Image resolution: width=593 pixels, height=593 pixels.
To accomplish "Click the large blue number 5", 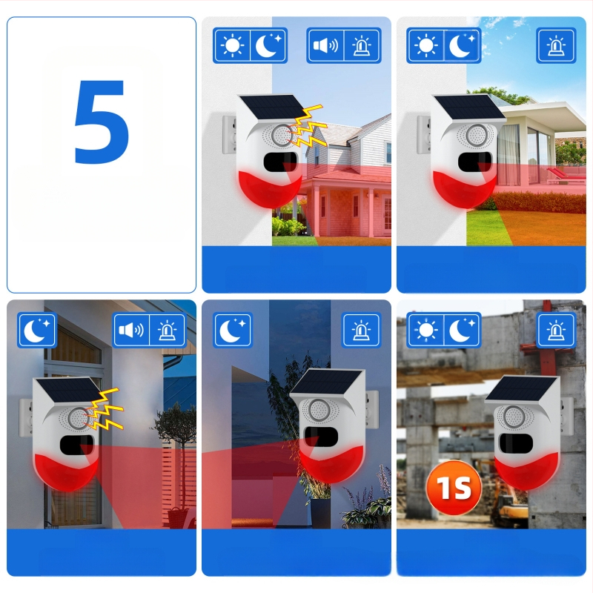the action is coord(102,122).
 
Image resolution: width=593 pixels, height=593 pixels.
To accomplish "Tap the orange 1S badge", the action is coord(454,488).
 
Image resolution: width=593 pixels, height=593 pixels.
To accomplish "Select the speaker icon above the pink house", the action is coord(325,46).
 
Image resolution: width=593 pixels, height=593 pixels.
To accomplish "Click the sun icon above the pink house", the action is coord(232,46).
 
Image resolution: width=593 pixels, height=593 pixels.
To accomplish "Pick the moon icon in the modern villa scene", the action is coord(462,45).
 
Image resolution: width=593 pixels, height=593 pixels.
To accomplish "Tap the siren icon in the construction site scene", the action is coord(555,330).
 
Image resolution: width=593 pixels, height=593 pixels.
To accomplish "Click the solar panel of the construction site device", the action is coord(522,388).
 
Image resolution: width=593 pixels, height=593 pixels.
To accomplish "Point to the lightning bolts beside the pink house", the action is coord(307,126).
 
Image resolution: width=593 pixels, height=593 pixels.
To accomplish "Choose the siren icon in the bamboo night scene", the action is coord(361,330).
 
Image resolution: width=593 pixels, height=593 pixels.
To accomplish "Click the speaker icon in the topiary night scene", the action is coord(131,330).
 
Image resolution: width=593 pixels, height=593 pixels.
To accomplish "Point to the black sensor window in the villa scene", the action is coord(475,162).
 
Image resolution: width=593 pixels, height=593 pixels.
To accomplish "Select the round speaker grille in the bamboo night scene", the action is coord(319,410).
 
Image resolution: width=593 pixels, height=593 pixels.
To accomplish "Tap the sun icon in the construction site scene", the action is coord(425,330).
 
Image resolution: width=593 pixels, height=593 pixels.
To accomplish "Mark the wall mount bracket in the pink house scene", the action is coord(229,135).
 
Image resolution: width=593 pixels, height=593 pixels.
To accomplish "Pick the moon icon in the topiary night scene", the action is coord(36,330).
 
